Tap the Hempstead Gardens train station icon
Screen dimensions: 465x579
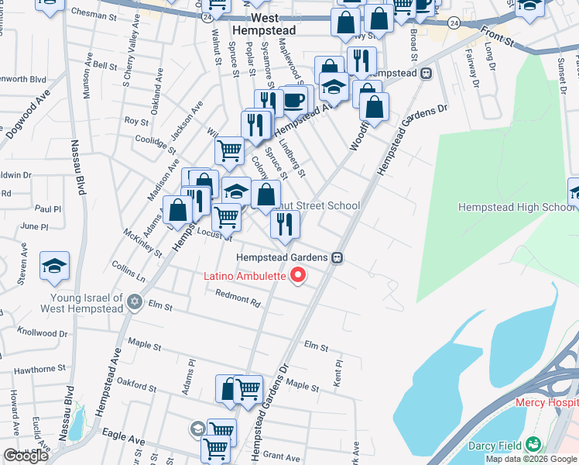[x=337, y=257]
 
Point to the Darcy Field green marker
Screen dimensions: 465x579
[x=533, y=444]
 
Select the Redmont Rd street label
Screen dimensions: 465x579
[x=238, y=296]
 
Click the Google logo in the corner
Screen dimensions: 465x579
[x=26, y=456]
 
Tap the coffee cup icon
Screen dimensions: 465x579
[x=293, y=99]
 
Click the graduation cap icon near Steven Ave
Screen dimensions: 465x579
[x=55, y=266]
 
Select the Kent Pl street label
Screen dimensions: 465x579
[x=338, y=369]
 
